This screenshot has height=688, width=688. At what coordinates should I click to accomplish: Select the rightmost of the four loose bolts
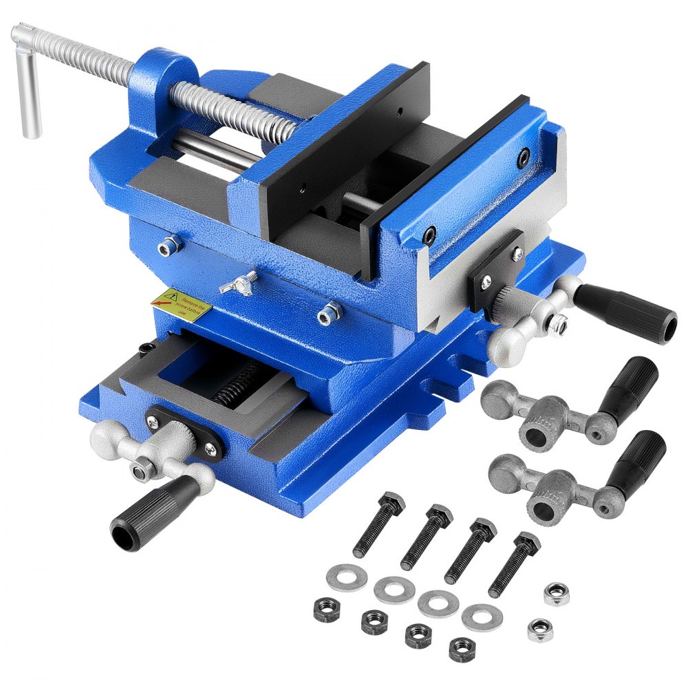513,564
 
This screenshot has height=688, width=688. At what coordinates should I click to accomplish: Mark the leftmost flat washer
346,577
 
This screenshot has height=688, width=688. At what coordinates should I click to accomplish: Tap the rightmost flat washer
481,617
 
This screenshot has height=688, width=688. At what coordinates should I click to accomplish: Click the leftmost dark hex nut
326,608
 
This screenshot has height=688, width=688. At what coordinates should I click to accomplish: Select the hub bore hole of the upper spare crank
534,434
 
